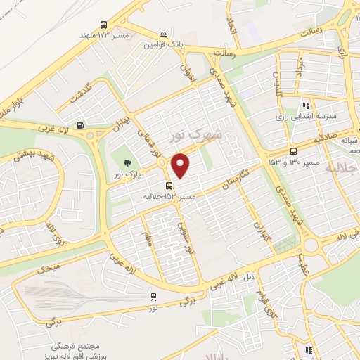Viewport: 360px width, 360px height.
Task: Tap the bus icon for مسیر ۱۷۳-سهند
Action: (x=104, y=23)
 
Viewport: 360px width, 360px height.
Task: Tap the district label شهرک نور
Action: (x=197, y=134)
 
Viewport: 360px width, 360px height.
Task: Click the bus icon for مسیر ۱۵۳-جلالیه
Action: (x=167, y=186)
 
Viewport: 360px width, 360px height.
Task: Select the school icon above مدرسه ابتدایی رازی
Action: (x=306, y=104)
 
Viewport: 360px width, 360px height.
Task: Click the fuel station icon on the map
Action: (x=82, y=127)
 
